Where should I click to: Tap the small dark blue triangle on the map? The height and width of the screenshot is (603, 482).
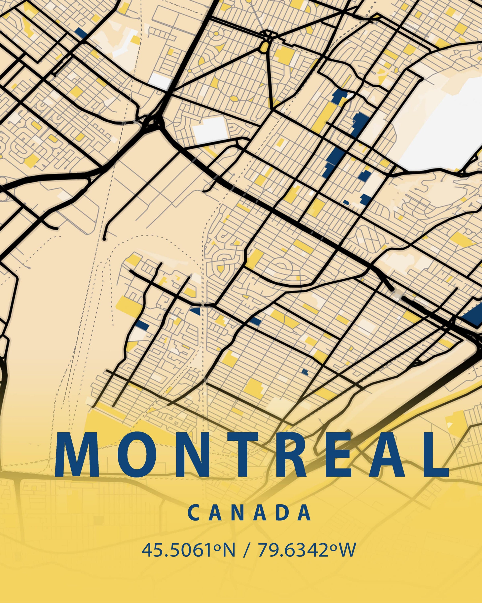(x=196, y=311)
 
